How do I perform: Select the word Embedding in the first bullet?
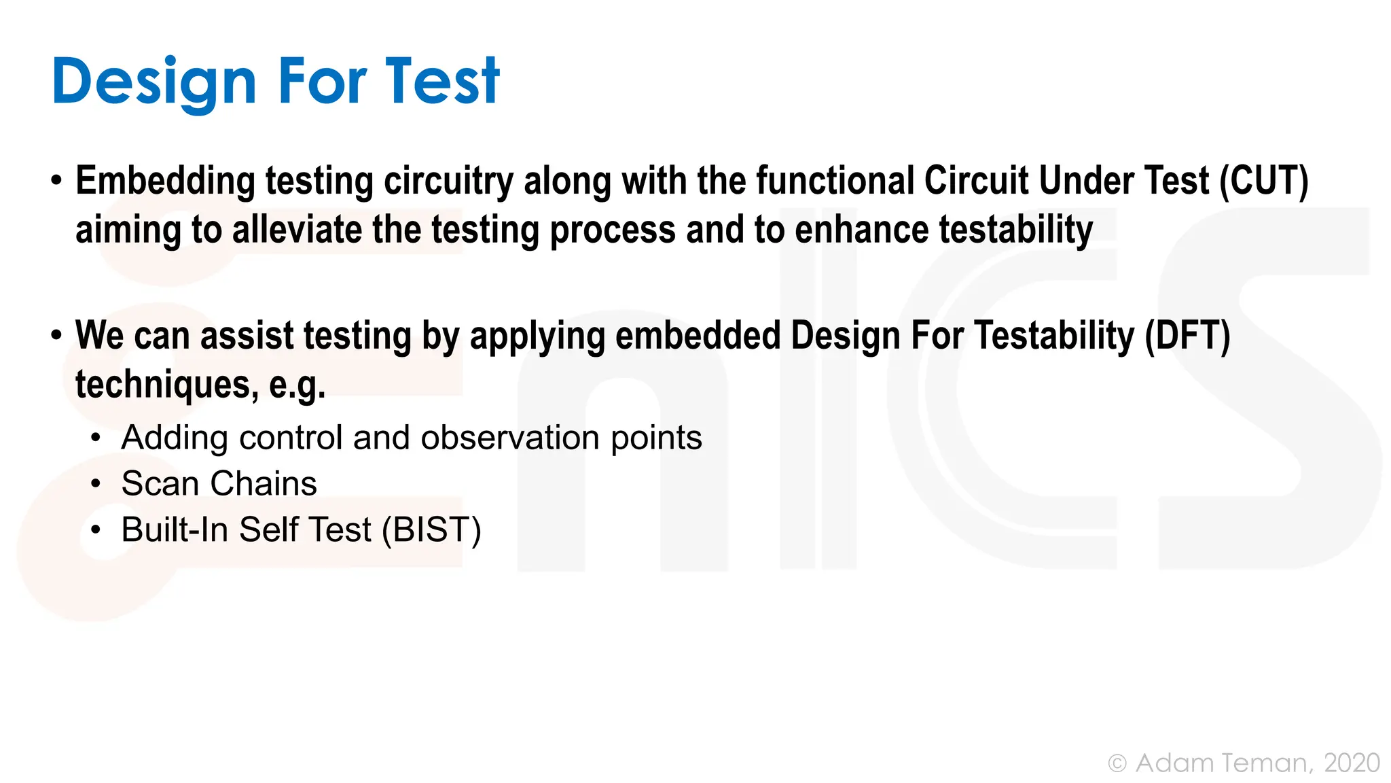[x=164, y=181]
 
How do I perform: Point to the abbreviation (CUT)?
[x=1263, y=181]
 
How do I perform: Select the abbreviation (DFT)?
[x=1187, y=336]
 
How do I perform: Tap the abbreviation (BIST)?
[x=431, y=530]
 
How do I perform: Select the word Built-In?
[x=175, y=530]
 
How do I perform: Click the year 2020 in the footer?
[x=1352, y=763]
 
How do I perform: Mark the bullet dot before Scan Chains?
[x=96, y=485]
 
